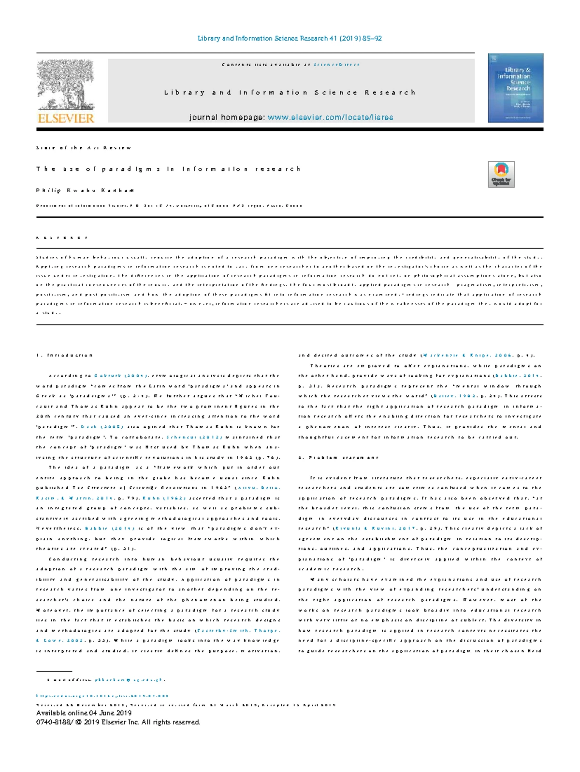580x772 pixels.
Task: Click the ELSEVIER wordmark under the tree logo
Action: [x=66, y=118]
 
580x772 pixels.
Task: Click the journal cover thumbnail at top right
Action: [x=515, y=88]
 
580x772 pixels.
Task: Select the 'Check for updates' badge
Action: [x=501, y=174]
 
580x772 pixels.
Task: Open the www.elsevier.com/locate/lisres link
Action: [x=330, y=117]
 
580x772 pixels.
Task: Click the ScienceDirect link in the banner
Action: [x=336, y=64]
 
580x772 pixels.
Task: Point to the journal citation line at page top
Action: [x=290, y=38]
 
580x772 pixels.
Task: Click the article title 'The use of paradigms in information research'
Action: [x=168, y=169]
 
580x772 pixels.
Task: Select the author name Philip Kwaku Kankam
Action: [x=85, y=190]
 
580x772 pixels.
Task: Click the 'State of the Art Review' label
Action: [x=84, y=148]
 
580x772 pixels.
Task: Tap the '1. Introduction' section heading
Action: [x=64, y=355]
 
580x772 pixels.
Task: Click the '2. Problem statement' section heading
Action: [x=338, y=457]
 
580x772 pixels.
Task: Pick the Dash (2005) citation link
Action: [x=102, y=427]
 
